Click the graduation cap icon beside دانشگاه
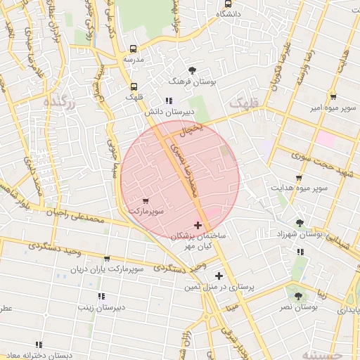(227, 3)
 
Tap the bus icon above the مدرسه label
(134, 49)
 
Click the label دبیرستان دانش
(165, 111)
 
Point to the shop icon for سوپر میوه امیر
(333, 98)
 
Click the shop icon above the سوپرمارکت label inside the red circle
(145, 201)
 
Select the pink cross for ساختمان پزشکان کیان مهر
(198, 226)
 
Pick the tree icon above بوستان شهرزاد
(300, 223)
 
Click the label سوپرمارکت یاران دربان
(107, 269)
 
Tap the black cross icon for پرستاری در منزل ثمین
(219, 276)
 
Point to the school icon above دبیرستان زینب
(101, 296)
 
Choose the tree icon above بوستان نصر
(298, 296)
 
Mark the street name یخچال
(191, 129)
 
